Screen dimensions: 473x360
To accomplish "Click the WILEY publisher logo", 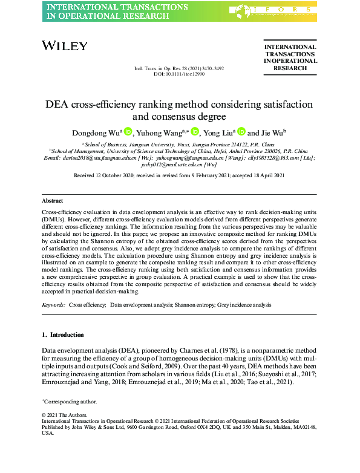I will tap(65, 45).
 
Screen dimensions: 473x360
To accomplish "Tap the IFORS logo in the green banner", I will tap(270, 11).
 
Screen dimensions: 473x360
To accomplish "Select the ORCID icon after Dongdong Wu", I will tap(128, 131).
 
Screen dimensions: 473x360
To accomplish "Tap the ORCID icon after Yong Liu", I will tap(241, 131).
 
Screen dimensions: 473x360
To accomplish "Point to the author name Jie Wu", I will tap(275, 132).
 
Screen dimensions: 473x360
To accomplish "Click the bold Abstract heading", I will tap(53, 200).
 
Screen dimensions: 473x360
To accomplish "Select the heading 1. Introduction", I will tap(63, 334).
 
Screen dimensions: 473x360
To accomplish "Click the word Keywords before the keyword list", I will tap(53, 305).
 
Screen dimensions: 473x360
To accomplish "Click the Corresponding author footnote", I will tap(69, 402).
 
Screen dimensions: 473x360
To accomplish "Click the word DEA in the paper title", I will tap(59, 103).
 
